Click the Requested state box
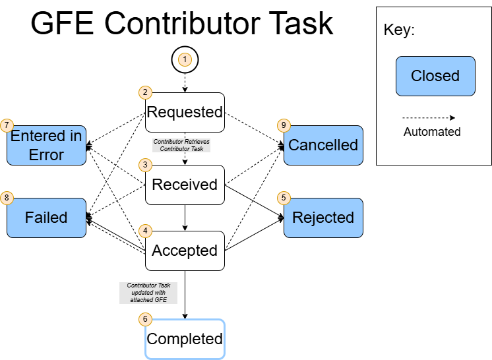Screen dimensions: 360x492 (x=185, y=112)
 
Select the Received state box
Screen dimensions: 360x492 (x=185, y=185)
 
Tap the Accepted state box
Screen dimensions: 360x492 (x=185, y=251)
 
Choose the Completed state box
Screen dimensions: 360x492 (x=185, y=339)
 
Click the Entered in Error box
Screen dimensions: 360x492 (x=46, y=145)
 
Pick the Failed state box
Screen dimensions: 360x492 (x=46, y=218)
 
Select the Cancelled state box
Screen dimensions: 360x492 (x=323, y=145)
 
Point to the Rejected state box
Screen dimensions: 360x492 (x=323, y=218)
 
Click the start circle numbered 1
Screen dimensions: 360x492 (x=185, y=60)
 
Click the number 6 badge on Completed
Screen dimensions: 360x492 (x=145, y=319)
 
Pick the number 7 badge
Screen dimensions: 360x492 (x=7, y=125)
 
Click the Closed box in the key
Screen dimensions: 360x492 (x=435, y=76)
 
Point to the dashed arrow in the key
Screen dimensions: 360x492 (x=429, y=118)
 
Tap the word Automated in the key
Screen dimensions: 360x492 (x=432, y=131)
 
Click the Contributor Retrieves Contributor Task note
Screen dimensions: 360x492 (x=181, y=145)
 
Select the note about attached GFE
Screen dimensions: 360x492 (x=149, y=293)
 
